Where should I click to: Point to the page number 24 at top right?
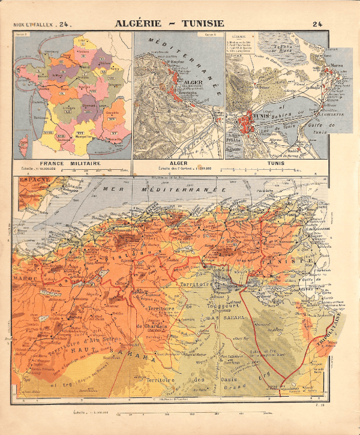tap(317, 25)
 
